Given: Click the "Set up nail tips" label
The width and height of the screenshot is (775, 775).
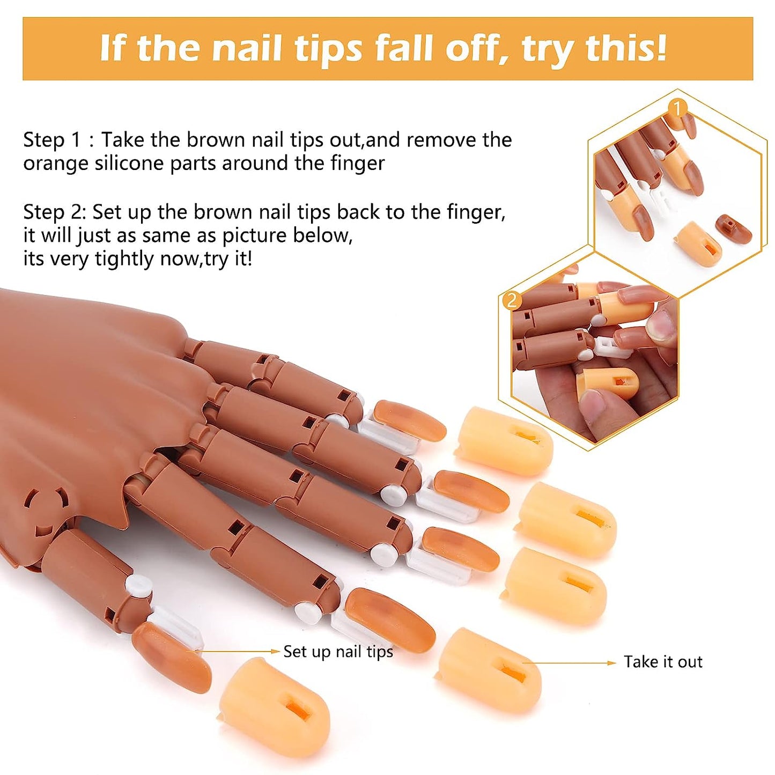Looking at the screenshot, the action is pyautogui.click(x=338, y=652).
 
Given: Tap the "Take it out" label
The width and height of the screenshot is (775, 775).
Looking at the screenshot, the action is pyautogui.click(x=663, y=662).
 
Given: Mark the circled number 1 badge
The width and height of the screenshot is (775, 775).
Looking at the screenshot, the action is pyautogui.click(x=678, y=108).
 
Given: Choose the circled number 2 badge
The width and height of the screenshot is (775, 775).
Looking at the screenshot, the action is pyautogui.click(x=512, y=300).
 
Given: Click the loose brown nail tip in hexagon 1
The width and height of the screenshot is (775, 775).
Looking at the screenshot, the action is pyautogui.click(x=733, y=227).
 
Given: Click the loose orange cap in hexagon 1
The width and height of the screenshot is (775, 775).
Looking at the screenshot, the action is pyautogui.click(x=700, y=243).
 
